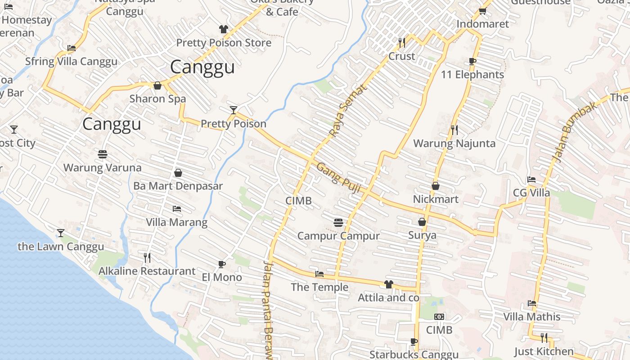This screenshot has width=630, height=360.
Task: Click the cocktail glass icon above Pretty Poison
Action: coord(233,110)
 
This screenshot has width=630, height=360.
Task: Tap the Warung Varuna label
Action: coord(102,168)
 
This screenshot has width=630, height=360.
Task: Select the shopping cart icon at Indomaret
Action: coord(482,11)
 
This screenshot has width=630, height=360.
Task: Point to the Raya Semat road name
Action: coord(348,110)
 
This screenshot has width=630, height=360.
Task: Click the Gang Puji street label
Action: coord(338,178)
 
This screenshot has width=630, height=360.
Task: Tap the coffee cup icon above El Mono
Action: coord(221,264)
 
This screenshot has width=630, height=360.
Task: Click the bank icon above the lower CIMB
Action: coord(439,317)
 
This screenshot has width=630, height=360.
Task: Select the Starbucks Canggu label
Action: coord(414,355)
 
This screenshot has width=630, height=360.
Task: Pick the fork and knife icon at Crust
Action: coord(402,43)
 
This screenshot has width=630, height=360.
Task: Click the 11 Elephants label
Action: coord(472,75)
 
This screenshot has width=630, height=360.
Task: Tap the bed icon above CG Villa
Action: coord(531,180)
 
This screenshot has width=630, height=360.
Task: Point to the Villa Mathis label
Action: coord(531,317)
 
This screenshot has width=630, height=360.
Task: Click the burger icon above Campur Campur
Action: coord(338,222)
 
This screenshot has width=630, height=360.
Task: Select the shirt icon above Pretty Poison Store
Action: coord(224,29)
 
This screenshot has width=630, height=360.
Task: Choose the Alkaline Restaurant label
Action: coord(147,271)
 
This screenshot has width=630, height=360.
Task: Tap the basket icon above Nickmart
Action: coord(436,186)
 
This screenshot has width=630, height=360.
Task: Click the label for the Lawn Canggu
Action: coord(61,247)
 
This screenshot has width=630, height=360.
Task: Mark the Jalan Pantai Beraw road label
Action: coord(268,310)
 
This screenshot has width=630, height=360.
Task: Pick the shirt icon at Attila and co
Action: coord(389,284)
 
